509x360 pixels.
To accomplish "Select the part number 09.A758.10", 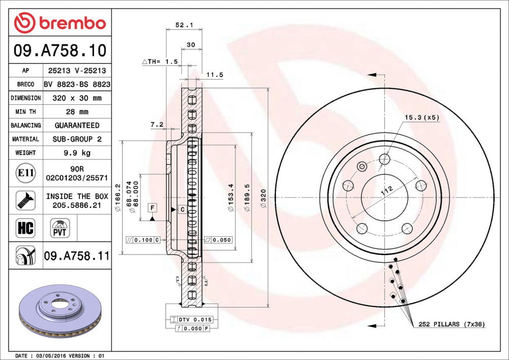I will (60, 50).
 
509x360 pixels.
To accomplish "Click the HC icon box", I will (25, 228).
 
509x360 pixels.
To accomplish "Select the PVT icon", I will (60, 228).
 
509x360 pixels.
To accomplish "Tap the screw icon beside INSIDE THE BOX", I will (25, 200).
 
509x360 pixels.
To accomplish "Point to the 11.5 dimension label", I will (214, 75).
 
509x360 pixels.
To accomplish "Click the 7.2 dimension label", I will (157, 124).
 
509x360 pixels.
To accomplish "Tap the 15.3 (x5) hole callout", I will (421, 117).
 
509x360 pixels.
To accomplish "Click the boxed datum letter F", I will (152, 207).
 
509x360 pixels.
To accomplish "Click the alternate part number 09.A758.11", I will (76, 256).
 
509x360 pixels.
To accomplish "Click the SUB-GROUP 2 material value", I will (76, 139).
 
